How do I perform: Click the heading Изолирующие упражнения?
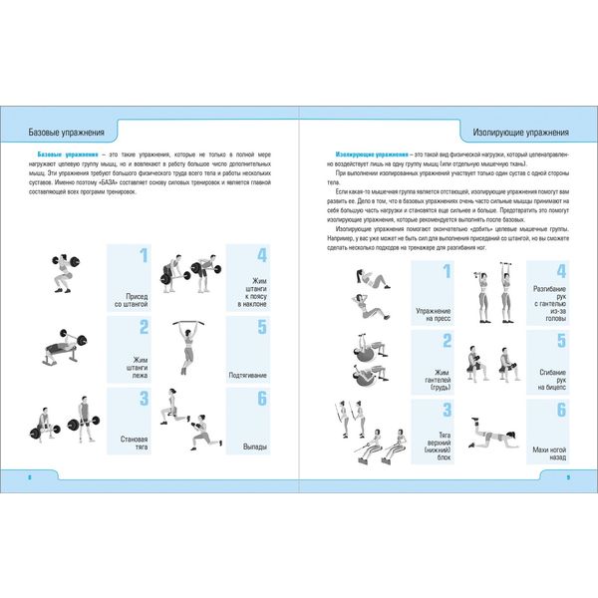coord(519,133)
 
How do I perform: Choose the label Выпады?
coord(256,448)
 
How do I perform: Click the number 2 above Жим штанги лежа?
coord(144,327)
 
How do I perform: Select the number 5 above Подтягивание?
coord(261,327)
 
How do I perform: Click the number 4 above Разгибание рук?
coord(561,271)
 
